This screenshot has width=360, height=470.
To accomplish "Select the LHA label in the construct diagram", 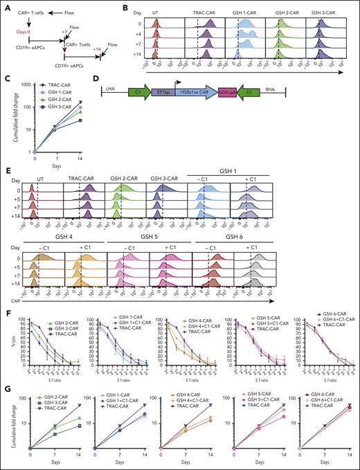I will point(116,90).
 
